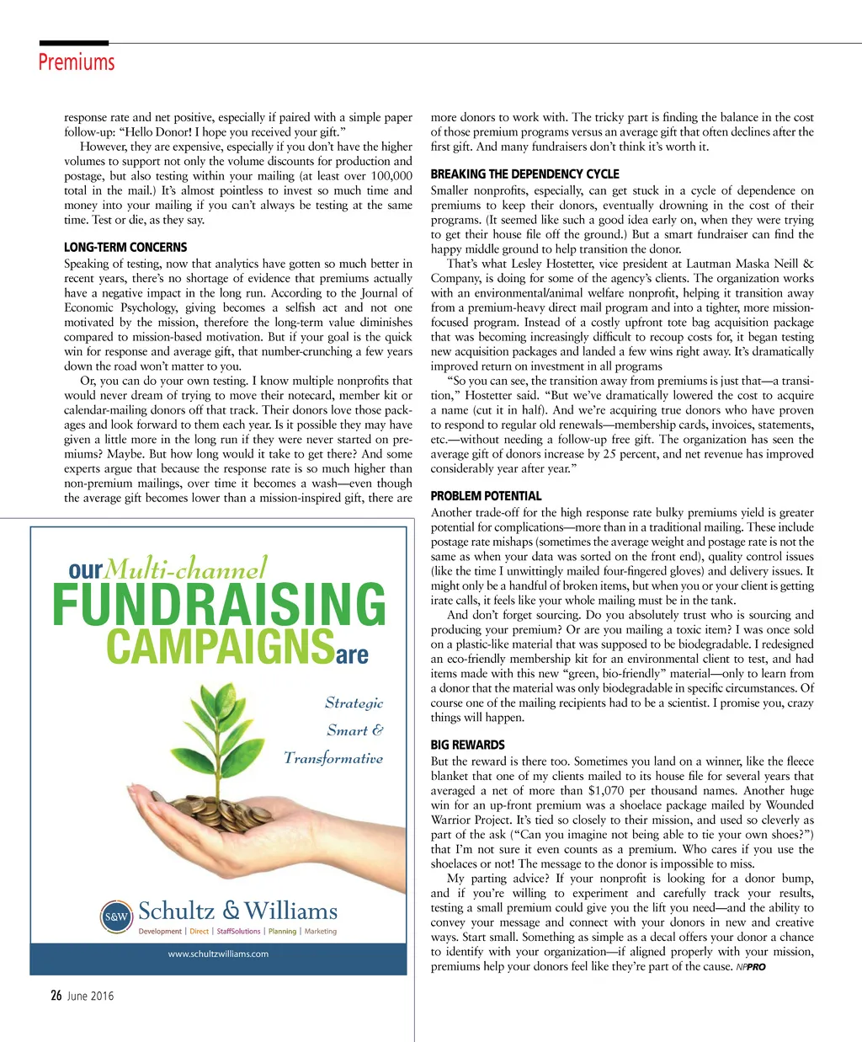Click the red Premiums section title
click(x=76, y=62)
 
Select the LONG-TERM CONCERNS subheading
click(x=125, y=247)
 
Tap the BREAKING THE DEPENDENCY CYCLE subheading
click(x=524, y=174)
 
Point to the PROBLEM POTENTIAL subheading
click(x=486, y=496)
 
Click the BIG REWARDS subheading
click(x=467, y=745)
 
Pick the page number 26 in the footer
click(x=56, y=996)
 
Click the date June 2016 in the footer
click(x=90, y=996)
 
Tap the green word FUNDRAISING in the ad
click(x=219, y=605)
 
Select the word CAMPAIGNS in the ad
click(x=220, y=647)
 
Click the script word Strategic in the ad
click(x=354, y=703)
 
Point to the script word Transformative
click(x=333, y=758)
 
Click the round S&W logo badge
click(x=116, y=916)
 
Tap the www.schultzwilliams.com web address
click(x=218, y=954)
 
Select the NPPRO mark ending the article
click(x=751, y=967)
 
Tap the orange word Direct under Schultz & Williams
click(x=200, y=931)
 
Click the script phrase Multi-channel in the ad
click(x=187, y=569)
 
